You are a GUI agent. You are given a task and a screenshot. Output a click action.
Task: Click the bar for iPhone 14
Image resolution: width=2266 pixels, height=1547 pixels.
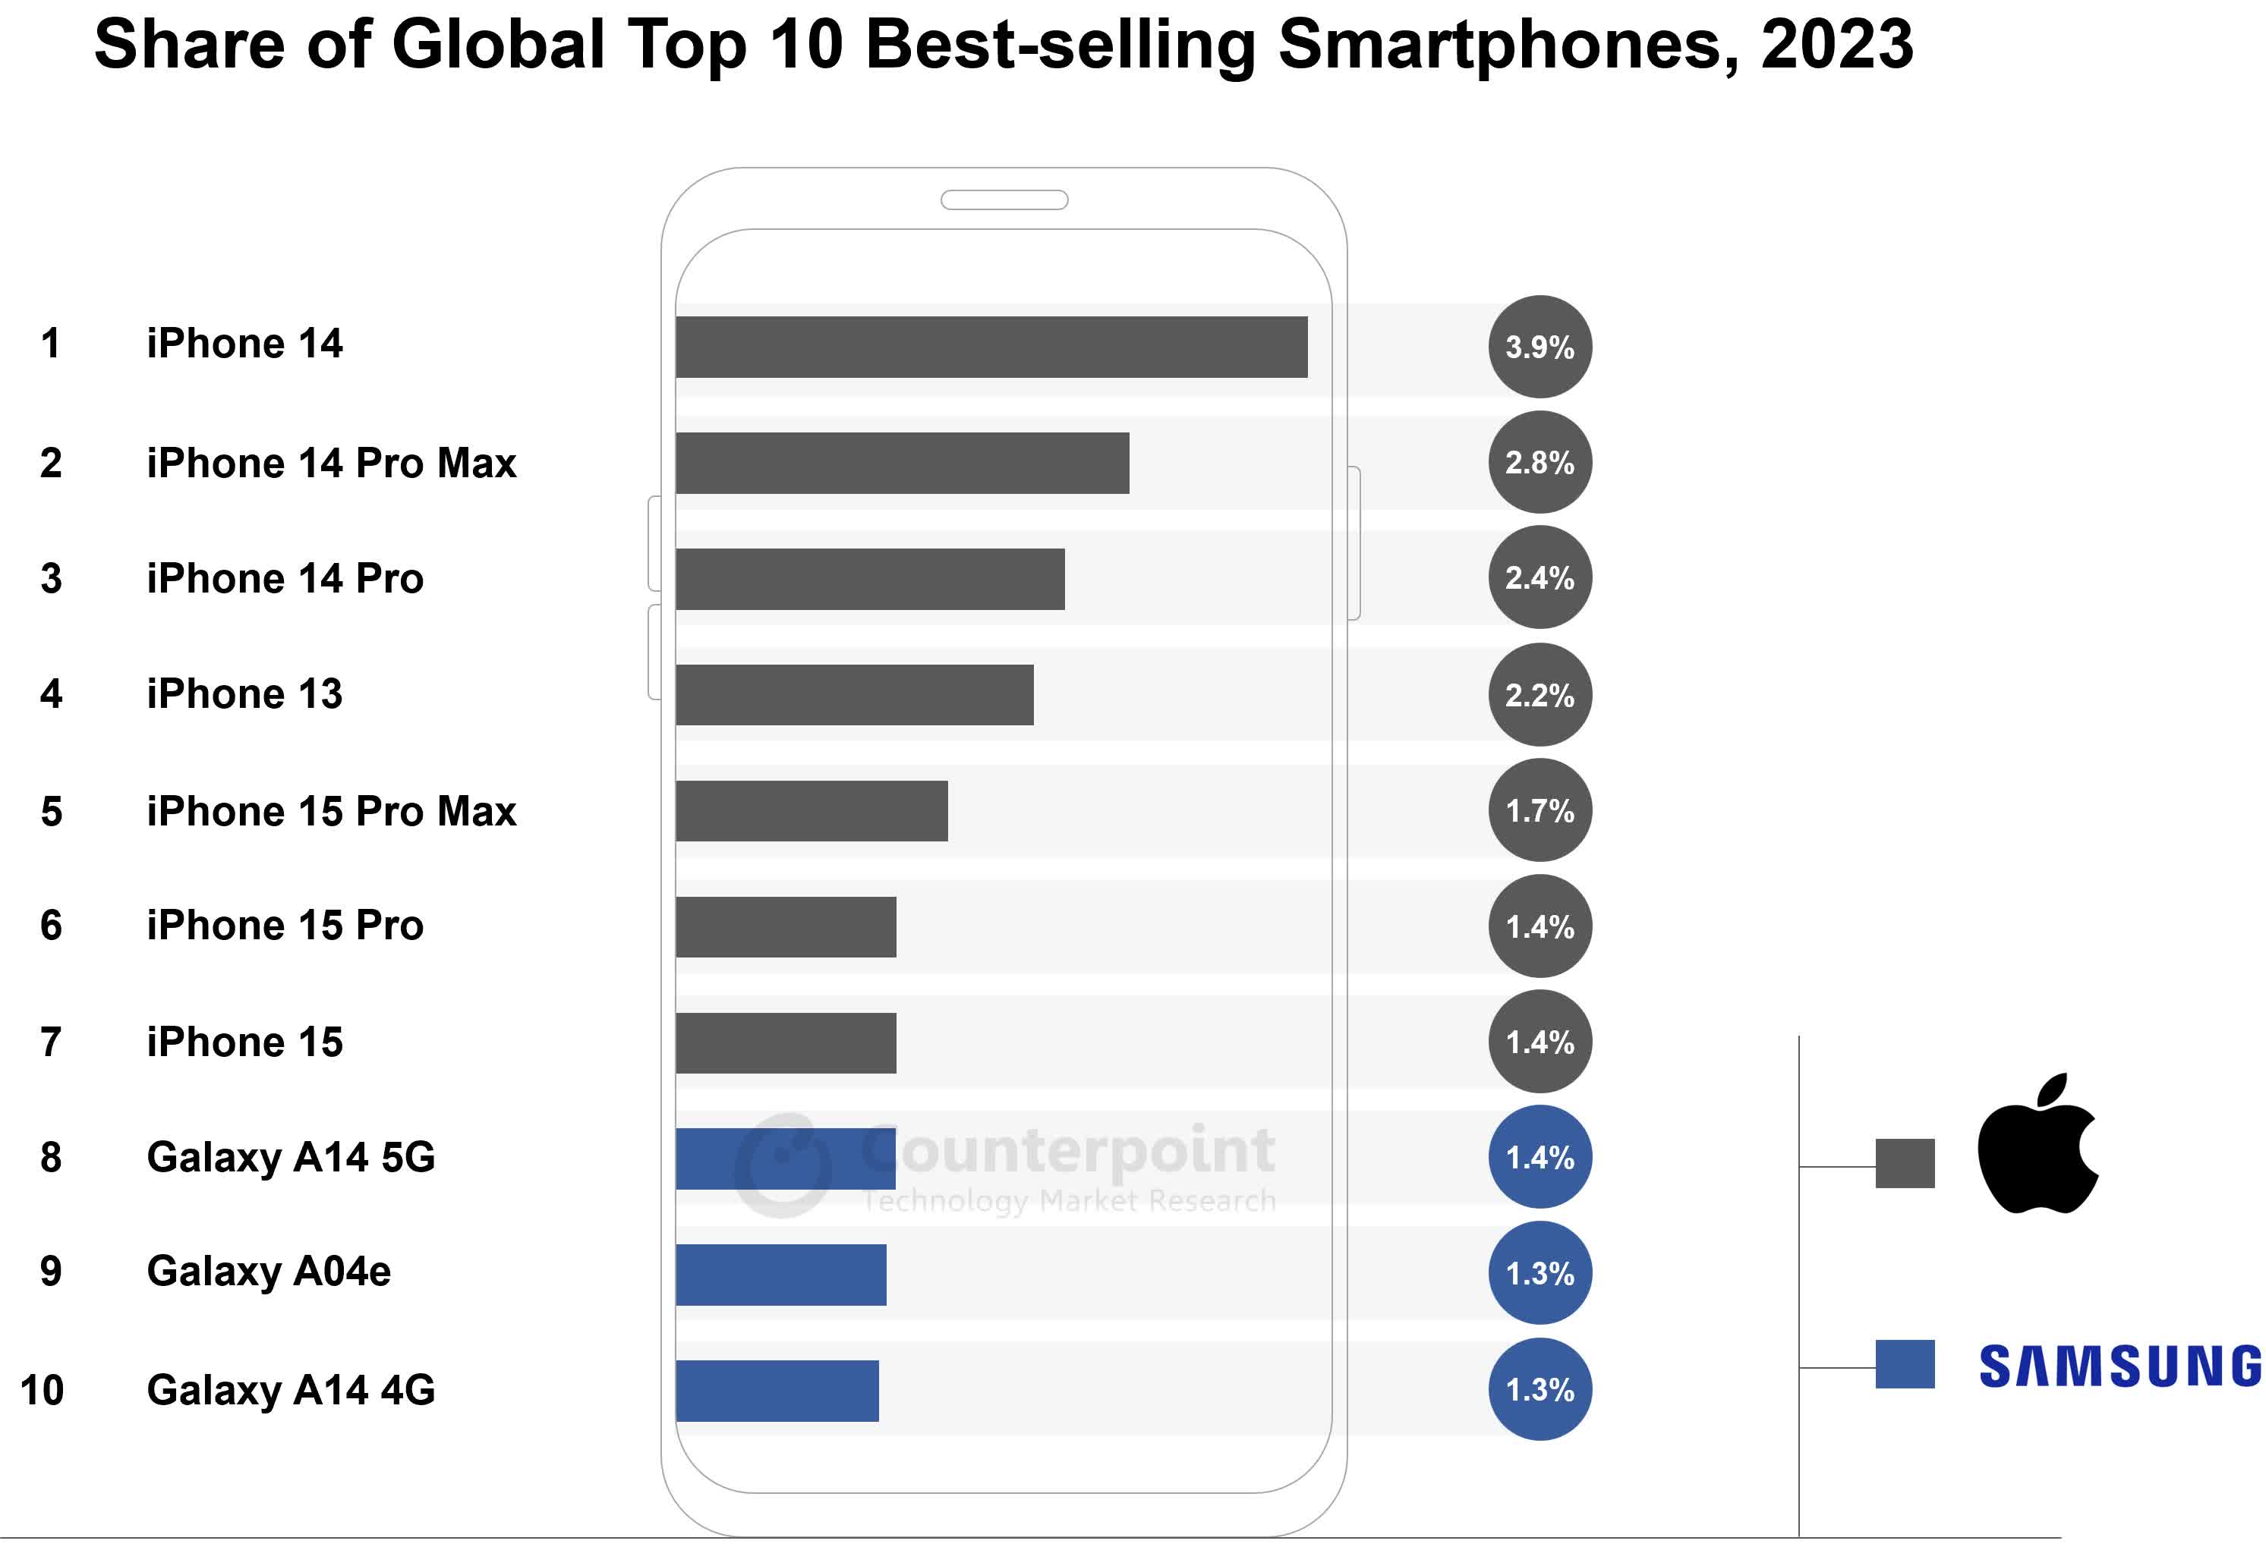click(x=991, y=347)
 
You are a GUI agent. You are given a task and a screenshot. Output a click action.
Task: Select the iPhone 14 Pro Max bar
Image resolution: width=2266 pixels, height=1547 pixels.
click(x=902, y=463)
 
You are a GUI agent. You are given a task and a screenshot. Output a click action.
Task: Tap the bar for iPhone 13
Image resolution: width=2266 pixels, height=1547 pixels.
click(x=854, y=695)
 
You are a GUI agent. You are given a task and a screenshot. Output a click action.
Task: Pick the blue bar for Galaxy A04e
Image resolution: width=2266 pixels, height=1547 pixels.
click(x=780, y=1274)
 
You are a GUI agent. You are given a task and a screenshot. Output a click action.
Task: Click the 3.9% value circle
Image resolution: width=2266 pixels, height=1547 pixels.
click(x=1540, y=347)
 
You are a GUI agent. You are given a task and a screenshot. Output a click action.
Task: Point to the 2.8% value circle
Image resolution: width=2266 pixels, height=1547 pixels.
click(x=1540, y=462)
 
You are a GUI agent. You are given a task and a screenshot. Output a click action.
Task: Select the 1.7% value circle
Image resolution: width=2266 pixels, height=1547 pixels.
click(x=1540, y=810)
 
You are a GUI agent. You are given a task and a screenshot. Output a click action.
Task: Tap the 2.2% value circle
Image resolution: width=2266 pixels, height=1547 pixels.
click(x=1540, y=695)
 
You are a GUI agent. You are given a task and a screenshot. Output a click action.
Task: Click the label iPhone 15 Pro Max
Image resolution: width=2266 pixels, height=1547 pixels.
click(x=332, y=811)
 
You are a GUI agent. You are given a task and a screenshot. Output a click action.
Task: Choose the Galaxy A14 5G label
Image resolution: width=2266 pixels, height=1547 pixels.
click(x=291, y=1157)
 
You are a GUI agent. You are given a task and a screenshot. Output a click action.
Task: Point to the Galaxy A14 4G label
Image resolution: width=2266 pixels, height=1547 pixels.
click(x=291, y=1389)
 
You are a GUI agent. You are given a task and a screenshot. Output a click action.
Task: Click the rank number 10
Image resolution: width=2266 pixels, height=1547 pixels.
click(x=42, y=1390)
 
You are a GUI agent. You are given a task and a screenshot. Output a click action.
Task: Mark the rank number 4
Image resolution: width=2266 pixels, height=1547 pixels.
click(x=51, y=694)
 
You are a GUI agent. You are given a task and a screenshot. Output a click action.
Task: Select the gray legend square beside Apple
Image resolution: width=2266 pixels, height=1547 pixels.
click(x=1904, y=1163)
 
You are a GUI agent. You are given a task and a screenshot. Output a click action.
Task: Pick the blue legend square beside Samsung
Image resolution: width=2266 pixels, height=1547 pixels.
click(x=1904, y=1363)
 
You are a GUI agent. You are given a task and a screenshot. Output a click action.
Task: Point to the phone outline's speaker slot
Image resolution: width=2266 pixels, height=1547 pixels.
click(x=1004, y=200)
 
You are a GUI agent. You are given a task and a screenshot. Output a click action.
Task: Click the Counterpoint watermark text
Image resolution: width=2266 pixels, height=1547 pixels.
click(x=1067, y=1151)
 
